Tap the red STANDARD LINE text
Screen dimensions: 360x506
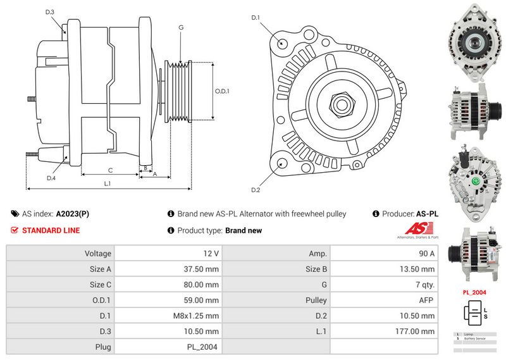[51, 230]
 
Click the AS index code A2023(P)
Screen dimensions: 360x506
[73, 214]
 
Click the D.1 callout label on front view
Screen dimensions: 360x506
[256, 18]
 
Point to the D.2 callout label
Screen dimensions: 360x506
[256, 190]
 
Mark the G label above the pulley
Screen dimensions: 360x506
[181, 28]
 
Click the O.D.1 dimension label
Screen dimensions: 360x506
[222, 91]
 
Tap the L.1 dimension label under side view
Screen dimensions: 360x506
[108, 183]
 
